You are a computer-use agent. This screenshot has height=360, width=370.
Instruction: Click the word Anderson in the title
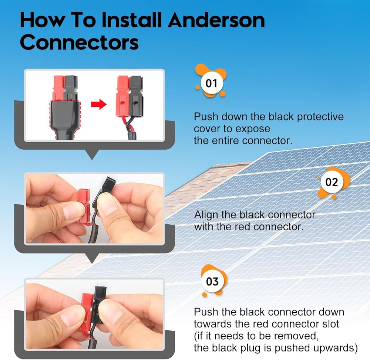[x=216, y=20]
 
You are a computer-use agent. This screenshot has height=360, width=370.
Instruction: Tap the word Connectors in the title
[x=79, y=42]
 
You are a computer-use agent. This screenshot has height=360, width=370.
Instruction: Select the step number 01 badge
[x=211, y=81]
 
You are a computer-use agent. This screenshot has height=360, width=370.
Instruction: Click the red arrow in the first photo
[x=99, y=104]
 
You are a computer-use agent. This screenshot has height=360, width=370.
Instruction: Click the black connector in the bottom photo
[x=99, y=304]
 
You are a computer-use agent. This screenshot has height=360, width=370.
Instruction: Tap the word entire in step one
[x=225, y=141]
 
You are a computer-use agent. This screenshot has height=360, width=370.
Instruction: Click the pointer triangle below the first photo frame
[x=92, y=154]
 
